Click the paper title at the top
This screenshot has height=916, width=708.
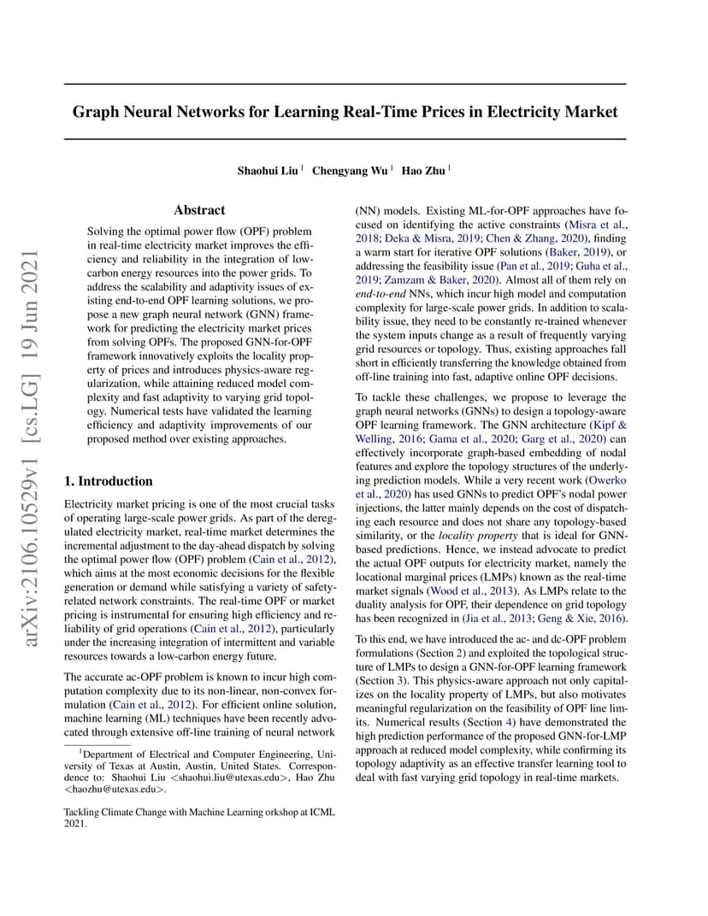(345, 112)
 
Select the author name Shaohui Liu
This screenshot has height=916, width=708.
(268, 170)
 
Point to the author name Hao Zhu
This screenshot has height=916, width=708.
(423, 170)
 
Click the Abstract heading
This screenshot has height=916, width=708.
(199, 209)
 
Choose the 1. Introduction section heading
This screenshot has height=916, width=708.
(109, 481)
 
